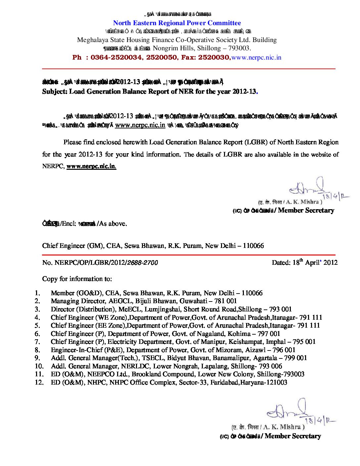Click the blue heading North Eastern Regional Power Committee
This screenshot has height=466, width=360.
click(x=177, y=23)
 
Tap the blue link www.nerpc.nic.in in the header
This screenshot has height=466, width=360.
click(x=256, y=58)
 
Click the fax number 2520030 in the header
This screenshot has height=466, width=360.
click(x=214, y=58)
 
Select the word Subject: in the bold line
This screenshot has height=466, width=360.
click(x=55, y=92)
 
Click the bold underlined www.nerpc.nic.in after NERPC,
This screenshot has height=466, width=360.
click(x=91, y=166)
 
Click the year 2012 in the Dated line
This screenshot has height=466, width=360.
click(x=330, y=263)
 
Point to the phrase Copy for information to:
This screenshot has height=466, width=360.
click(x=77, y=279)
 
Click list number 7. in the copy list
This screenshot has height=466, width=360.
click(x=37, y=342)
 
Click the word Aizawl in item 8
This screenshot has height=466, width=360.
click(x=255, y=350)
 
